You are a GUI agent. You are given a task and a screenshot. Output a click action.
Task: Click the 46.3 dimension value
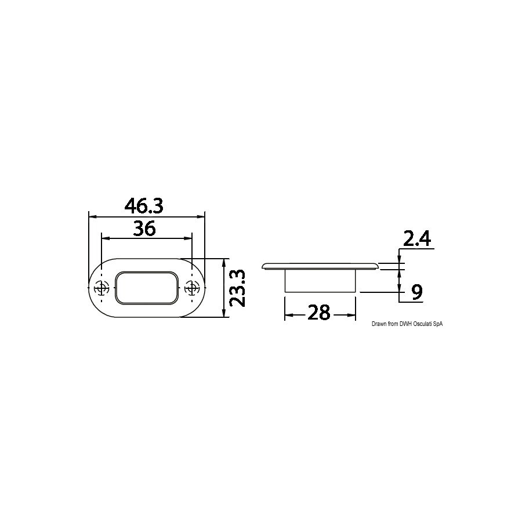click(x=144, y=206)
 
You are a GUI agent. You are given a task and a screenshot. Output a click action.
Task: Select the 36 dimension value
click(x=144, y=229)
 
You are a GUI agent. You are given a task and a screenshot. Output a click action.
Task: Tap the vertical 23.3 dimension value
click(x=238, y=288)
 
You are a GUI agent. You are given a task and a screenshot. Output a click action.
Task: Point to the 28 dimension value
click(x=319, y=313)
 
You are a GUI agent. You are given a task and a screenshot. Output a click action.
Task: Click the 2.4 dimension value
click(x=417, y=238)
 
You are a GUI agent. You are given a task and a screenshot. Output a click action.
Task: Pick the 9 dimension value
click(x=417, y=292)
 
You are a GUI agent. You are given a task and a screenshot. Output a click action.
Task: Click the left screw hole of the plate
click(x=101, y=288)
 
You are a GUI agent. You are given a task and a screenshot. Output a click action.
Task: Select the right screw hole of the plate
click(x=192, y=288)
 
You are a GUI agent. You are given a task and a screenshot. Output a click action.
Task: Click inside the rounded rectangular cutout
click(x=147, y=288)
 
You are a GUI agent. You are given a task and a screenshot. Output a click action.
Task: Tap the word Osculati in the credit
click(x=422, y=324)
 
